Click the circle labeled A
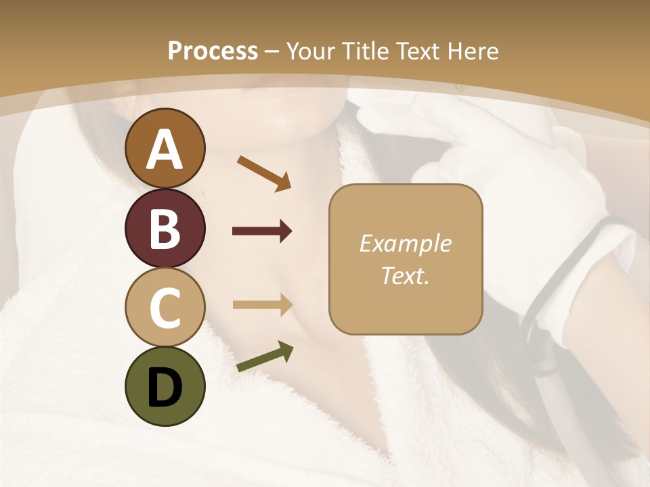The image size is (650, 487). pos(165,148)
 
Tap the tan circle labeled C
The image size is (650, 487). pos(165,307)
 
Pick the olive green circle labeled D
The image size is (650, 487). pos(165,386)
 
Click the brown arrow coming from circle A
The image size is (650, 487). pos(264,172)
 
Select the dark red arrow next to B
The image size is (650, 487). pos(262,231)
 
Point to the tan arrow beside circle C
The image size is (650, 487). pos(262,304)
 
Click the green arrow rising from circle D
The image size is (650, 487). pos(265,357)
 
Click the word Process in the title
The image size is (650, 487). pos(213,51)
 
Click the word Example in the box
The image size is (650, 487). pos(405,243)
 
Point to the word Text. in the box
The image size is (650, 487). pos(405,275)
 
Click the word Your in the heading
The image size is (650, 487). pos(311,51)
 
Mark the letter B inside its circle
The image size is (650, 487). pos(165,229)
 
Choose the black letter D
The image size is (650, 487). pos(165,387)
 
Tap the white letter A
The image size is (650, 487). pos(165,149)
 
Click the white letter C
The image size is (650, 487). pos(165,308)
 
